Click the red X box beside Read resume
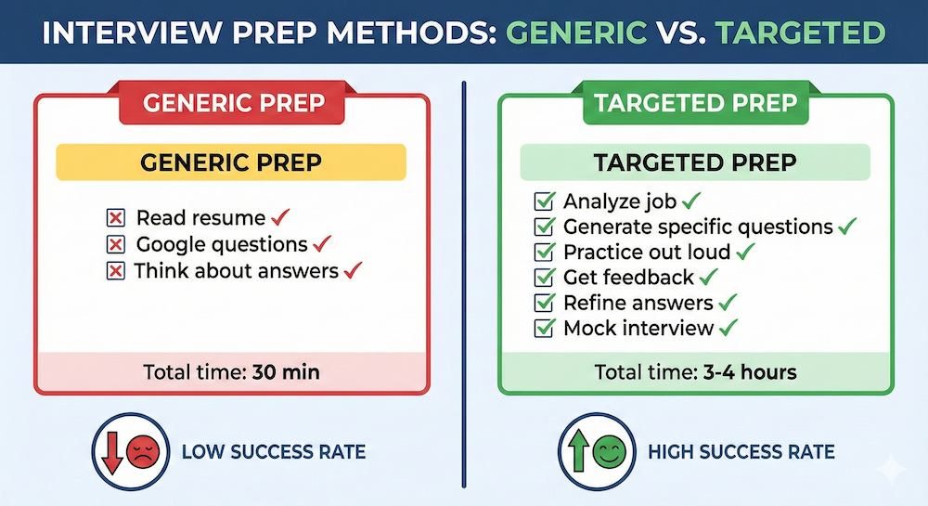click(x=115, y=218)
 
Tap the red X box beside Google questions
click(x=115, y=244)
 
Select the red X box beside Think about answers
click(x=115, y=271)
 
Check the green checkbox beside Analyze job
click(x=545, y=201)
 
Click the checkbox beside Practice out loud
click(x=545, y=252)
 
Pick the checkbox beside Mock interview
click(x=545, y=328)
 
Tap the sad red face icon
click(x=143, y=452)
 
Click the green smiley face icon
click(x=609, y=452)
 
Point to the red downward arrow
click(x=112, y=453)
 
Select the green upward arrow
click(x=578, y=451)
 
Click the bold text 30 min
click(x=286, y=372)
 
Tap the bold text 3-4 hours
click(x=750, y=372)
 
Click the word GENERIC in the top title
click(x=576, y=32)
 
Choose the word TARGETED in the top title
click(x=800, y=32)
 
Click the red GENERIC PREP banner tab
click(x=232, y=103)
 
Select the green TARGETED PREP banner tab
click(x=696, y=103)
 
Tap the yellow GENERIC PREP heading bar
click(x=231, y=162)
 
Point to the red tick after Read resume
click(x=280, y=216)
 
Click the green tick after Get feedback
click(x=708, y=276)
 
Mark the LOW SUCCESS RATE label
click(x=274, y=452)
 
